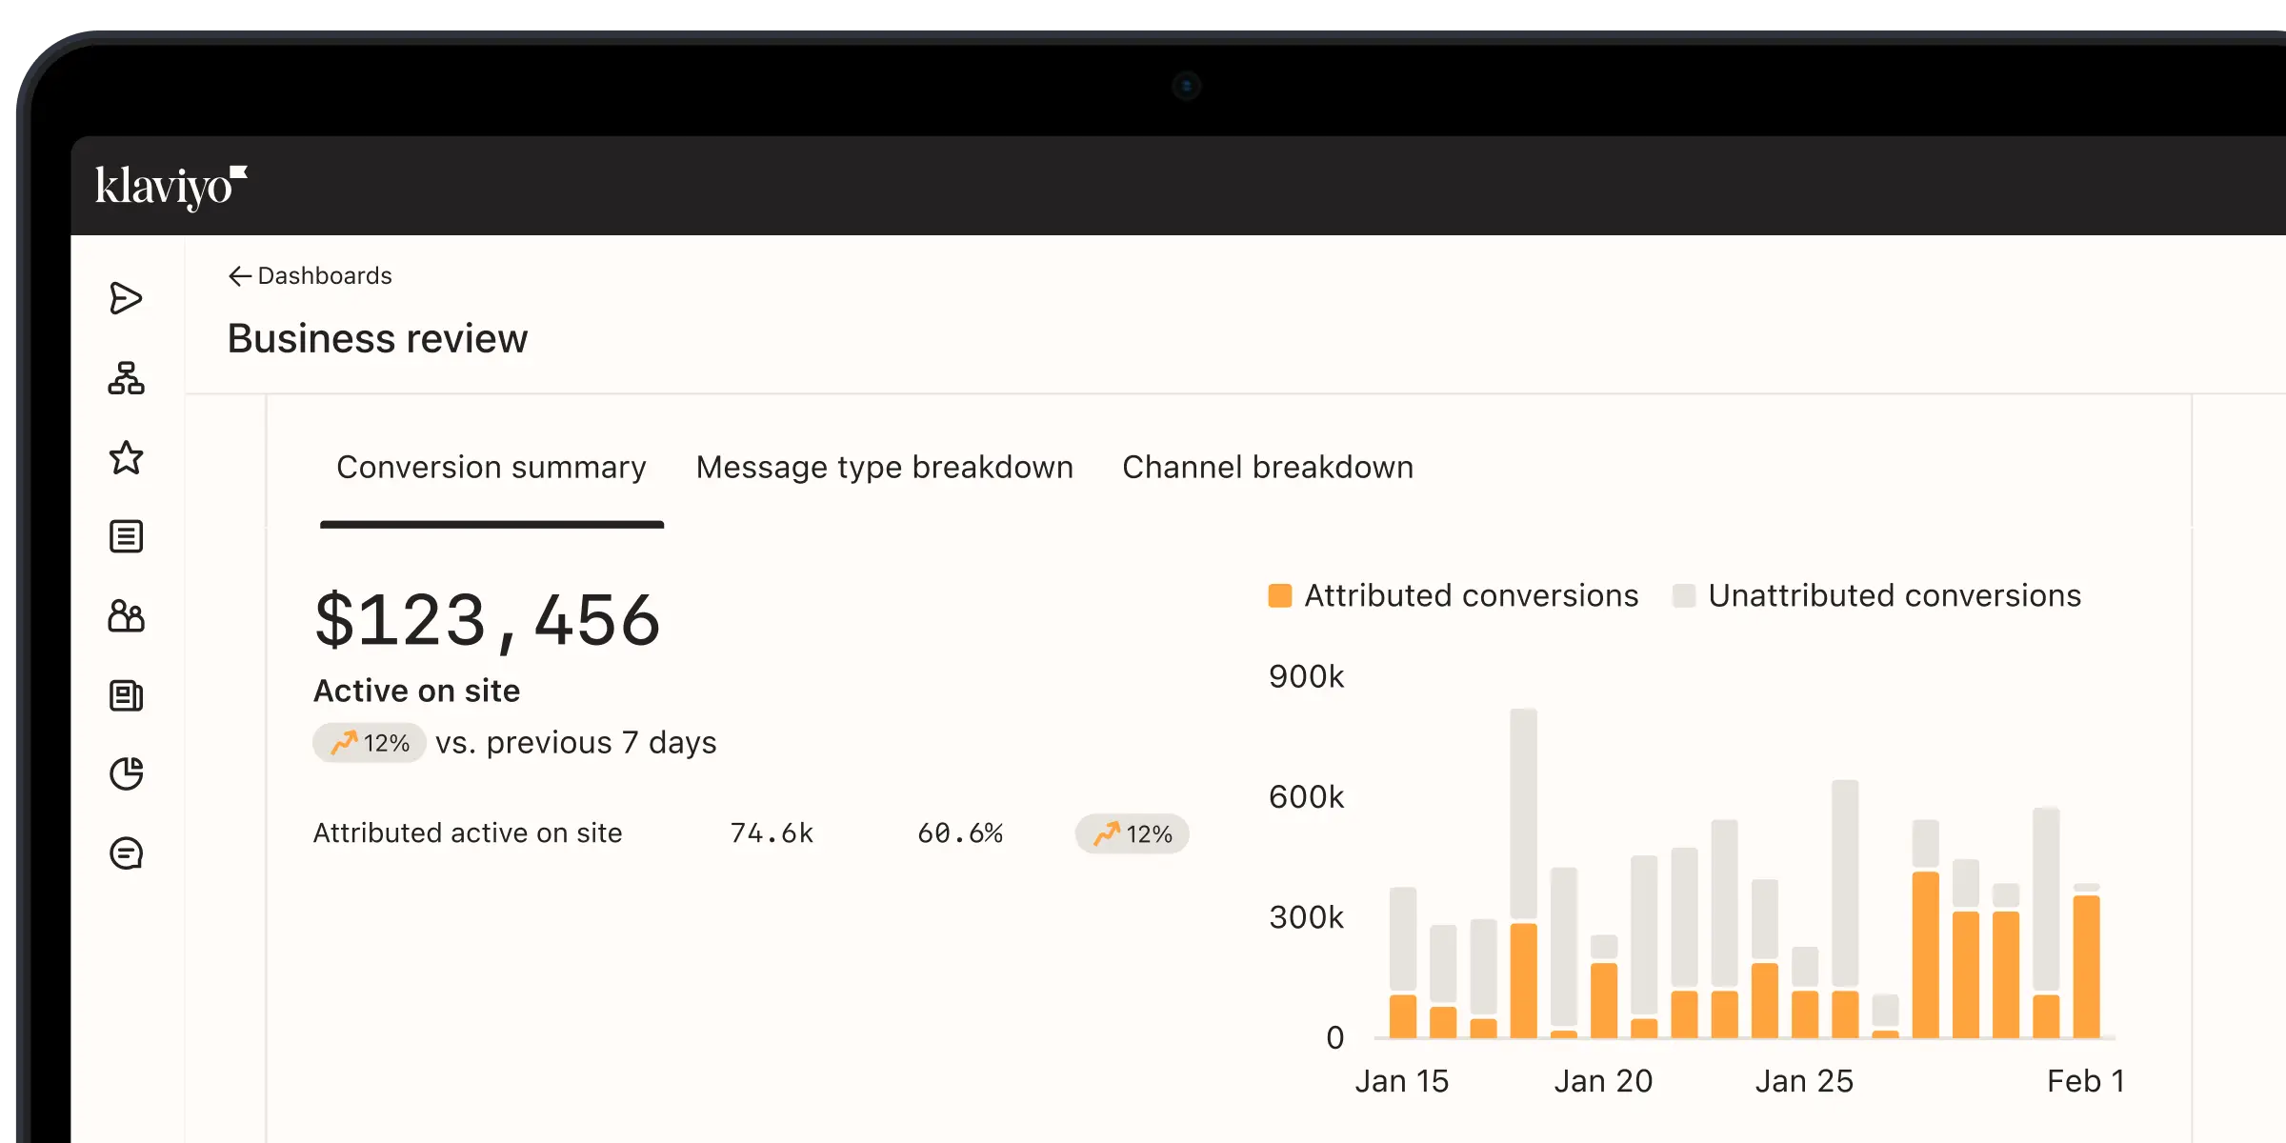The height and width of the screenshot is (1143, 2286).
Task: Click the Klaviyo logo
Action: tap(170, 187)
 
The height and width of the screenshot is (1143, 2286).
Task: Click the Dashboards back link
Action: tap(311, 276)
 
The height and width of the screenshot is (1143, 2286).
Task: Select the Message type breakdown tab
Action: tap(884, 468)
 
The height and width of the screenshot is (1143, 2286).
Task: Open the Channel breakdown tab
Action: tap(1267, 468)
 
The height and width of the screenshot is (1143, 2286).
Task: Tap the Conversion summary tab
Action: tap(491, 468)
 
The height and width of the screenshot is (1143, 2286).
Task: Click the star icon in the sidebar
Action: tap(126, 458)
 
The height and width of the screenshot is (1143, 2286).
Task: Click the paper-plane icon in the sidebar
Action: tap(126, 298)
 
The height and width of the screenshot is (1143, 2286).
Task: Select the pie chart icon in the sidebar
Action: tap(126, 773)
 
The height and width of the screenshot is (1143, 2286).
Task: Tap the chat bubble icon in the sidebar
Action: tap(126, 853)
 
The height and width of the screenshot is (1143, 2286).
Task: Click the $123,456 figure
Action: tap(487, 621)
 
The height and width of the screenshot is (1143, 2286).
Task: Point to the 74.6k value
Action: tap(772, 833)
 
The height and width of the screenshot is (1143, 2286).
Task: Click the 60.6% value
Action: tap(959, 833)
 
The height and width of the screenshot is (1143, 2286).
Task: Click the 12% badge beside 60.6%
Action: tap(1132, 834)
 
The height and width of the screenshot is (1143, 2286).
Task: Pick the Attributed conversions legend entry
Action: tap(1454, 596)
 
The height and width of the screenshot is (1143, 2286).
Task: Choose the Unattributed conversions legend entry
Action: tap(1876, 596)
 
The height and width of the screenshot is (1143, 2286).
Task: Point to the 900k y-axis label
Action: tap(1306, 677)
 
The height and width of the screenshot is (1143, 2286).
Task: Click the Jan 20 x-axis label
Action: tap(1603, 1081)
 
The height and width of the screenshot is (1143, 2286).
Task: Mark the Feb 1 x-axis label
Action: tap(2085, 1081)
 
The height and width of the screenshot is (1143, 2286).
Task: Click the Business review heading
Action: tap(377, 339)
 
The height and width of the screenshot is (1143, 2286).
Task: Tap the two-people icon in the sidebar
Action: tap(126, 616)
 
